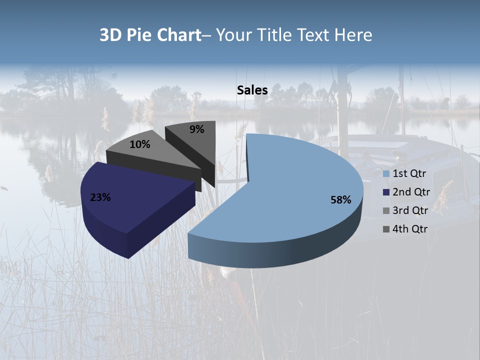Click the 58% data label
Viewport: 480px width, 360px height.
341,200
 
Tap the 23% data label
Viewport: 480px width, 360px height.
100,197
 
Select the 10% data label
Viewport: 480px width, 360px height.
139,145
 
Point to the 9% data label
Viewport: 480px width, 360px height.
197,129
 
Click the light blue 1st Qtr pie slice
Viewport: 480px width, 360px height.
295,180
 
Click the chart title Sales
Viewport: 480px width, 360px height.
252,90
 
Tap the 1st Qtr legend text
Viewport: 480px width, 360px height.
409,174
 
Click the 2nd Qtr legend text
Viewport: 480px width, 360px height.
411,192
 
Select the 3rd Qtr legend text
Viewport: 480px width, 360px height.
410,210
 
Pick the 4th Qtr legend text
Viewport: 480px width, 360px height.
410,229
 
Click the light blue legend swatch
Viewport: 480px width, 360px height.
386,174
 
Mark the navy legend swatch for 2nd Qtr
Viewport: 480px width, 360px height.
386,192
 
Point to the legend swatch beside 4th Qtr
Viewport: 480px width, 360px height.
386,229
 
